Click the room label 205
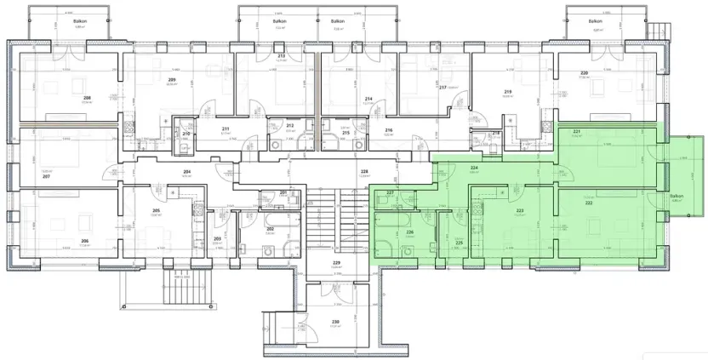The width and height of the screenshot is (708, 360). tap(156, 211)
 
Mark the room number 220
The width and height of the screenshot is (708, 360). tap(584, 73)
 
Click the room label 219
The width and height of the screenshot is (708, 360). tap(508, 92)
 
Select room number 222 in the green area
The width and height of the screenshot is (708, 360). tap(588, 203)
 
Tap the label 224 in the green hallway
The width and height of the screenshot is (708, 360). tap(474, 169)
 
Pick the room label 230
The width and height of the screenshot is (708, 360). tap(335, 322)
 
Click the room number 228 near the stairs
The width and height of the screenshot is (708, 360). tap(364, 172)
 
